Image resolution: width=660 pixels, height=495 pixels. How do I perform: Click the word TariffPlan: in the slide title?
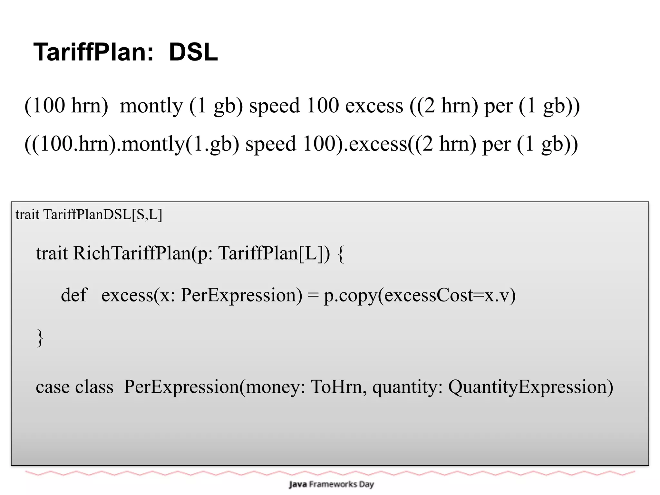(94, 52)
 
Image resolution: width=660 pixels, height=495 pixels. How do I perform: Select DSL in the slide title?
(193, 52)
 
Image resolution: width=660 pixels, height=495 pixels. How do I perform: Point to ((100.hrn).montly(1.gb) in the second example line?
(132, 144)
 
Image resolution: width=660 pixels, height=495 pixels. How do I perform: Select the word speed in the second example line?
(270, 144)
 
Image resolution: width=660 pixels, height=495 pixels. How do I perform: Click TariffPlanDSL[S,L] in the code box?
(103, 214)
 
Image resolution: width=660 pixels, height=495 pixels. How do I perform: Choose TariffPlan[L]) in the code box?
(274, 253)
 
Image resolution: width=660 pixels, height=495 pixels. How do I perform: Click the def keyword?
(74, 295)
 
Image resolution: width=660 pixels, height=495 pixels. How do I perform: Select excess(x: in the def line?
(138, 295)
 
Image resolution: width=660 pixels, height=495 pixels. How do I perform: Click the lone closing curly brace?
(40, 338)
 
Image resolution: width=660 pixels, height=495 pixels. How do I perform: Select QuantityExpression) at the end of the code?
(530, 387)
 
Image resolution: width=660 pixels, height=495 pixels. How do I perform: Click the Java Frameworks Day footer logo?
(331, 484)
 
